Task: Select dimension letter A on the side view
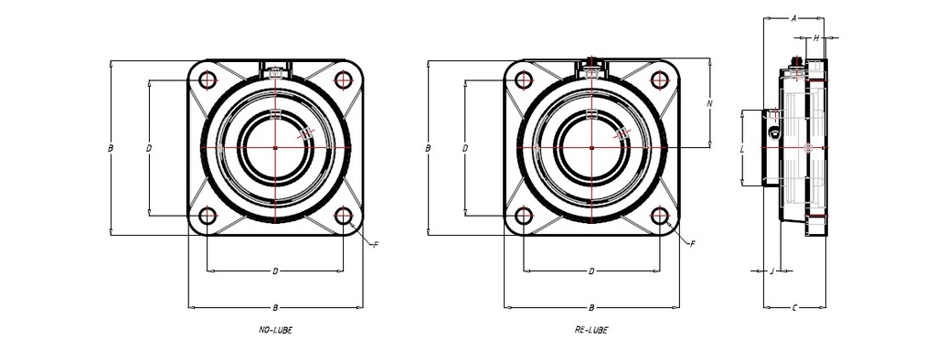(x=794, y=17)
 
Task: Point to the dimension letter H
(x=816, y=38)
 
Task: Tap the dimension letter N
(x=710, y=103)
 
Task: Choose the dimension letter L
(x=741, y=147)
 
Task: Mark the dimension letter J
(x=772, y=270)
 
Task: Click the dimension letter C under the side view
(x=794, y=307)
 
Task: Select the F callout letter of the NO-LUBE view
(x=375, y=244)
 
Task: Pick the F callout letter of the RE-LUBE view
(x=691, y=244)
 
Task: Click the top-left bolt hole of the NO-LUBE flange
(x=207, y=79)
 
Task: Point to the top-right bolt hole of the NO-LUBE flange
(x=344, y=79)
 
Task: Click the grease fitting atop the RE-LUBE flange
(x=592, y=63)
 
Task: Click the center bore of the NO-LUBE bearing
(x=275, y=147)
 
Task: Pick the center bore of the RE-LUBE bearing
(x=591, y=147)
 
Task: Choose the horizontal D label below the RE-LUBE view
(x=591, y=271)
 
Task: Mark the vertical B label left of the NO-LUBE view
(x=110, y=147)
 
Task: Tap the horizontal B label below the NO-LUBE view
(x=275, y=307)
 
